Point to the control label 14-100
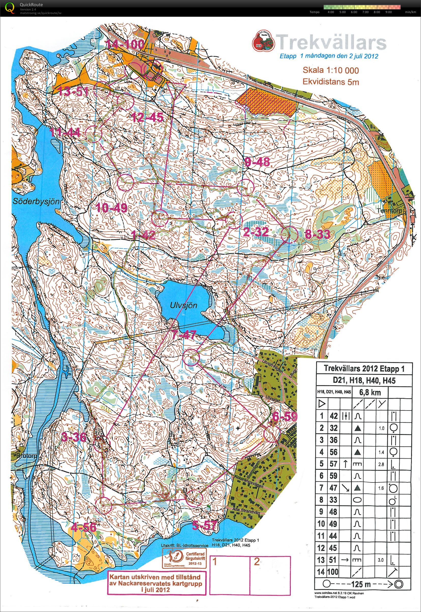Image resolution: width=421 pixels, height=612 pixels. pyautogui.click(x=126, y=45)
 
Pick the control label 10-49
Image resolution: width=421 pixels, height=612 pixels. pyautogui.click(x=112, y=208)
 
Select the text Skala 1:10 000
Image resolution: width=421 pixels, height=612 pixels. pyautogui.click(x=330, y=70)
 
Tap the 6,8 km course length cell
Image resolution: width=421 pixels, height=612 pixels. pyautogui.click(x=370, y=392)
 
